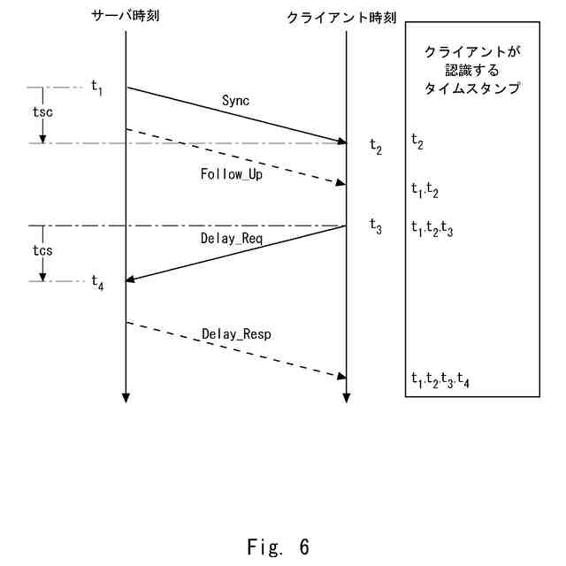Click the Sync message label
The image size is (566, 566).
[x=236, y=101]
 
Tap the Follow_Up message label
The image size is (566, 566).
[x=232, y=173]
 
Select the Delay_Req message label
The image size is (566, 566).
[x=233, y=239]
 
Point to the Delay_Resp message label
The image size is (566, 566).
[x=236, y=334]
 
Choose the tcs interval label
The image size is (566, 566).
[x=41, y=250]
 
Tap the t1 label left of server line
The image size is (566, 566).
[x=97, y=88]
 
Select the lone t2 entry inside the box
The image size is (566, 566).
[x=417, y=140]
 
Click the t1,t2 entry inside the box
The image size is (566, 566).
[x=424, y=188]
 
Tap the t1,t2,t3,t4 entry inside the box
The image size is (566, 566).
[x=440, y=380]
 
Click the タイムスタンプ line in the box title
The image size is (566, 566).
[x=470, y=88]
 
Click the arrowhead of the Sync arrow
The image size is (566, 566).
[x=341, y=141]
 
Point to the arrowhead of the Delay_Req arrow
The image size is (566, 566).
[x=131, y=280]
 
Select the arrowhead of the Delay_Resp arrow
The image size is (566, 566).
[x=341, y=376]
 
